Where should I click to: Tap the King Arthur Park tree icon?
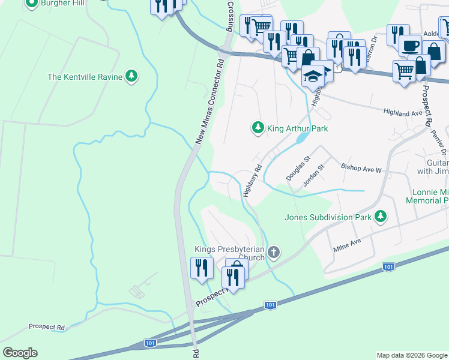258,128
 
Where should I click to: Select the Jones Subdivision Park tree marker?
379,217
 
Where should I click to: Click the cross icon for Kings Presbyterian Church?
273,252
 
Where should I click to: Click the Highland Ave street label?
404,112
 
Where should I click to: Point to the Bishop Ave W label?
361,169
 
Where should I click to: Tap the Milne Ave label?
346,244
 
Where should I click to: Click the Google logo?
20,353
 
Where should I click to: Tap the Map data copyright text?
411,355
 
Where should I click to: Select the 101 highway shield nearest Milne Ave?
388,266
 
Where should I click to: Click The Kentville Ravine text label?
85,77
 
